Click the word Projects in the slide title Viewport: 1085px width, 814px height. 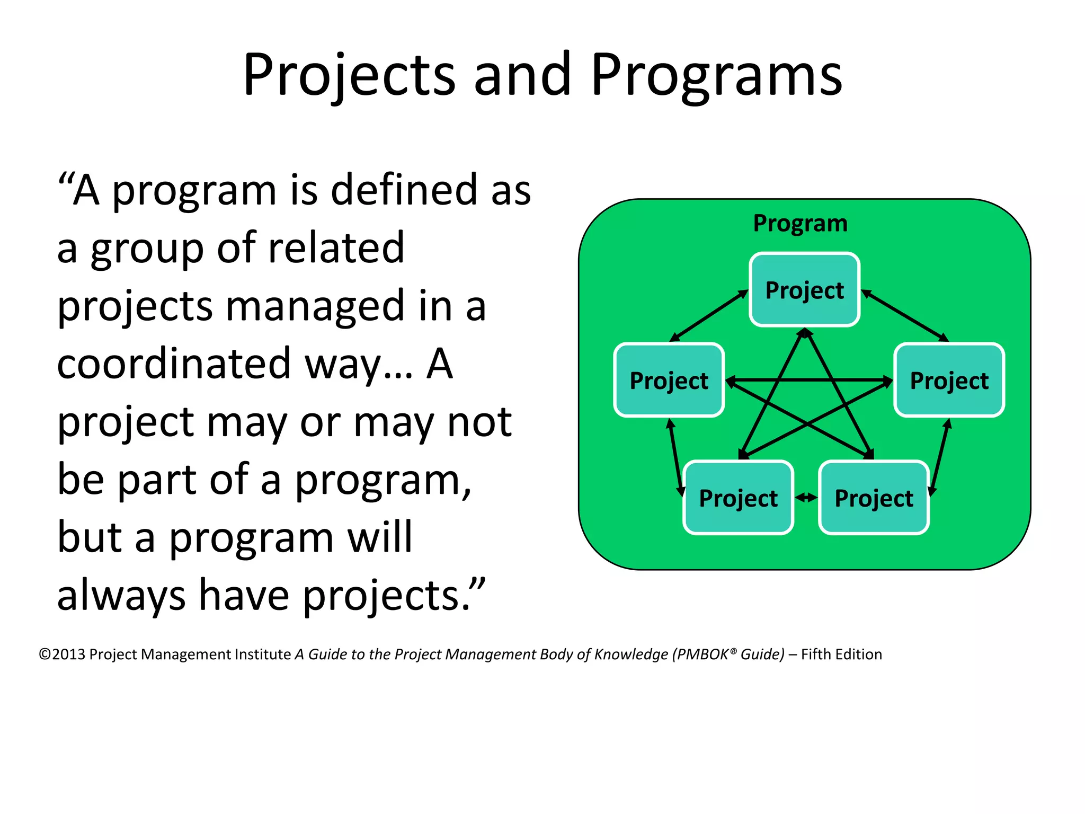coord(349,75)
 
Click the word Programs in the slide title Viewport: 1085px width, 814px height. coord(716,75)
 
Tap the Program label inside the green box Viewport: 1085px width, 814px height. coord(800,223)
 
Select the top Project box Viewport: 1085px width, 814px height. coord(804,289)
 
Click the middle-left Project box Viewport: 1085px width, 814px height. coord(669,380)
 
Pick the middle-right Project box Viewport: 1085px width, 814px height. coord(949,380)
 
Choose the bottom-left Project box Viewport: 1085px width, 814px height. coord(738,498)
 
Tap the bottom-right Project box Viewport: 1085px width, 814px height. coord(874,498)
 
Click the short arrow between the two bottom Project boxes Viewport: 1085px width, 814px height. coord(806,497)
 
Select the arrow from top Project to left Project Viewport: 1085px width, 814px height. coord(709,316)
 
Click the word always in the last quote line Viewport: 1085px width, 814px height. coord(121,596)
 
